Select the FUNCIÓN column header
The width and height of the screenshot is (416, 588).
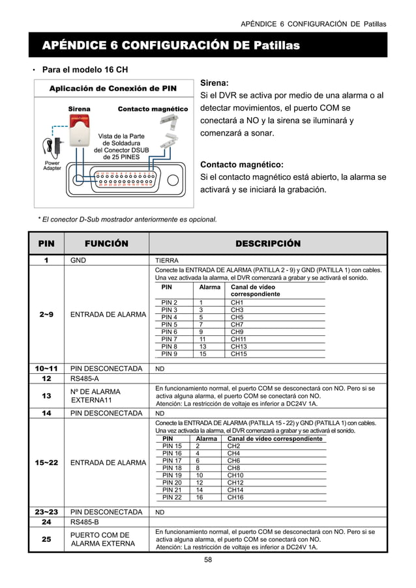click(106, 244)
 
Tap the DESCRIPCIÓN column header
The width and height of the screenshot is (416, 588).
click(268, 244)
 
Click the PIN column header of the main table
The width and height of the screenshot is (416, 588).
click(46, 244)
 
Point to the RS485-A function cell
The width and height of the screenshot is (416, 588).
click(84, 378)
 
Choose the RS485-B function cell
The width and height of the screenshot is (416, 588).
click(84, 522)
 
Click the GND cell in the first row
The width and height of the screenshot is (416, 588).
click(78, 260)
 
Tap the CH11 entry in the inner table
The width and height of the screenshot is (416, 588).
click(239, 339)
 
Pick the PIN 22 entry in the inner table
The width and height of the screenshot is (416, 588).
click(172, 497)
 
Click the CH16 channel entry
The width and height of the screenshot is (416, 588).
click(235, 497)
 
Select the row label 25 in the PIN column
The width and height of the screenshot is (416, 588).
click(46, 539)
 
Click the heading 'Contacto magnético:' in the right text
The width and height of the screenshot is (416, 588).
click(241, 164)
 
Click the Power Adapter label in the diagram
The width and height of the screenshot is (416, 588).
click(52, 165)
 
